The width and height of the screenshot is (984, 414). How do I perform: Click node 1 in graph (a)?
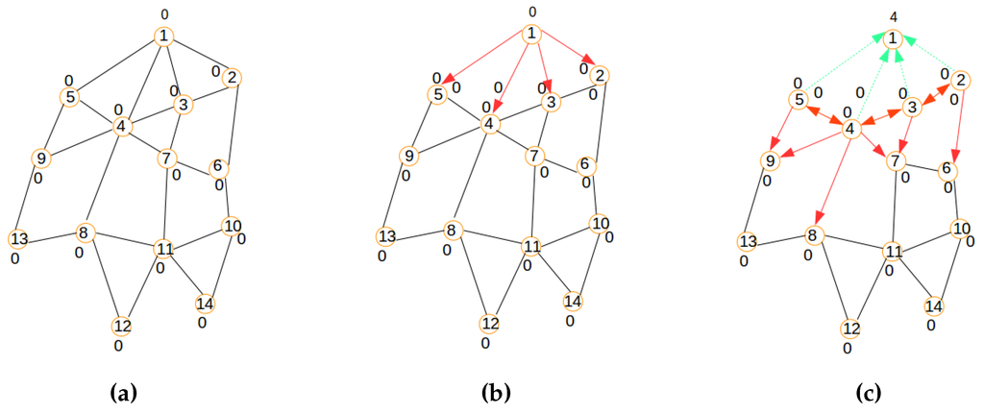coord(164,37)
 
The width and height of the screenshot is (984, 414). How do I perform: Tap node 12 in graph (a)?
coord(122,326)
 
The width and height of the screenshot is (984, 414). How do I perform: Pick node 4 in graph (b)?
coord(491,124)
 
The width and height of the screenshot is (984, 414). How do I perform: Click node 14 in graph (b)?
coord(574,302)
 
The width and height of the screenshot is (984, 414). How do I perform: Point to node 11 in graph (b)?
coord(531,245)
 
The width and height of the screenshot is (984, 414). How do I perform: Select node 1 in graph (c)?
coord(893,38)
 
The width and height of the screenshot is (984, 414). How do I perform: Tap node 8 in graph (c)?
coord(815,235)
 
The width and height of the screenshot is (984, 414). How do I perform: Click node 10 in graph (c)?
coord(961,229)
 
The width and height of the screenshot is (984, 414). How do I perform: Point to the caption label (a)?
coord(125,393)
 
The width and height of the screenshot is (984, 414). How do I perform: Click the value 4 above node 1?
coord(893,16)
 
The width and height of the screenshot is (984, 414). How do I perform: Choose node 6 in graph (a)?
coord(218,165)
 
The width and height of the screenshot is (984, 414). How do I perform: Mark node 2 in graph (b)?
coord(599,75)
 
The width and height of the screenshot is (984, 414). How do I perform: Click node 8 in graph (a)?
coord(85,232)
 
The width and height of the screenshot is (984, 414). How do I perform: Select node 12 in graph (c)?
coord(850,329)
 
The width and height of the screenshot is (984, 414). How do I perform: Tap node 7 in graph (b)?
coord(532,155)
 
